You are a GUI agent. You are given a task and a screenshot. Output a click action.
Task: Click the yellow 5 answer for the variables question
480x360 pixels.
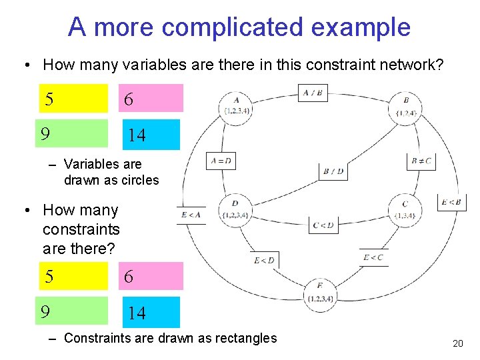pos(73,99)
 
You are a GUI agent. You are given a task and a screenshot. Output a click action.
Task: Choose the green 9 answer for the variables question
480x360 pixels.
pos(73,133)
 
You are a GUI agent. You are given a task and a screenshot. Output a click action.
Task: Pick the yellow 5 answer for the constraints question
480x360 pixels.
pos(73,276)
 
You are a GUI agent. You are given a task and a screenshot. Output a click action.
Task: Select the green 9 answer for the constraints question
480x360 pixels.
pos(73,311)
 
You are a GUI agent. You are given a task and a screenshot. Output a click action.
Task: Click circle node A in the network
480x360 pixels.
pos(237,107)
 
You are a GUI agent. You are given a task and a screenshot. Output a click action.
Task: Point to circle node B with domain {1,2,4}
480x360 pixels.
pos(406,107)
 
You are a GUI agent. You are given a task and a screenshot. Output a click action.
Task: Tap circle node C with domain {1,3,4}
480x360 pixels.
pos(405,209)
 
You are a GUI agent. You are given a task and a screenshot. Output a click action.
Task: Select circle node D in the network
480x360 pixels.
pos(235,209)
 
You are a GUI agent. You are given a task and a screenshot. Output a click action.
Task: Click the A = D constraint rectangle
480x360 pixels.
pos(221,161)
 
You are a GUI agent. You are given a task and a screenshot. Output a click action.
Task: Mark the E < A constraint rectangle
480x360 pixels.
pos(191,215)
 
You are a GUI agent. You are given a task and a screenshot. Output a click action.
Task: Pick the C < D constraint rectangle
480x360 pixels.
pos(323,225)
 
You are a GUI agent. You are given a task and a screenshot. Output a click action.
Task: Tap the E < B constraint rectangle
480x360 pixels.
pos(451,202)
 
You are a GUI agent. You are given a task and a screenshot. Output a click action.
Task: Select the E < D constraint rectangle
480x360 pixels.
pos(264,261)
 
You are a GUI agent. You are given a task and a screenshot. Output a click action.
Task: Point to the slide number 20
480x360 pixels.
pos(457,343)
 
